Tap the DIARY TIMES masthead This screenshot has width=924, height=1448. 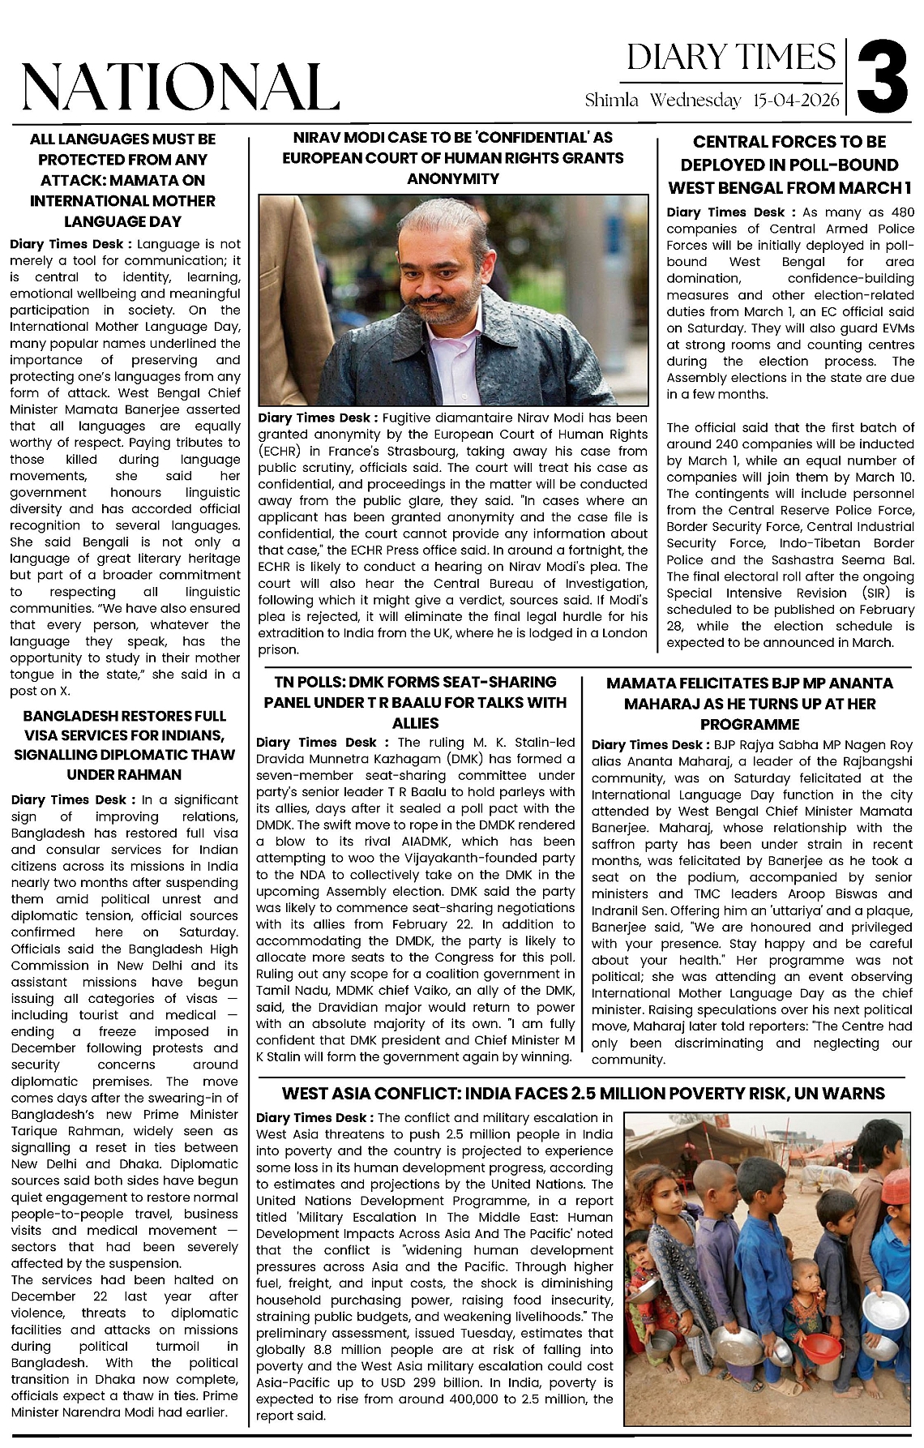731,58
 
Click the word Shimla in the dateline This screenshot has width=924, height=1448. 612,101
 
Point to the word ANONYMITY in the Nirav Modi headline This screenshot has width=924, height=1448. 453,178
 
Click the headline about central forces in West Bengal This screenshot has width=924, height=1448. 789,165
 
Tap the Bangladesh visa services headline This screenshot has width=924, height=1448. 124,745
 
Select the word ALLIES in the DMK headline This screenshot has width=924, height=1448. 415,723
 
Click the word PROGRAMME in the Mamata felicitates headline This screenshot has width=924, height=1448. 750,724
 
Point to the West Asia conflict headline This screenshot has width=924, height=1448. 583,1094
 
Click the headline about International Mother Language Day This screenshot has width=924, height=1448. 123,180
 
